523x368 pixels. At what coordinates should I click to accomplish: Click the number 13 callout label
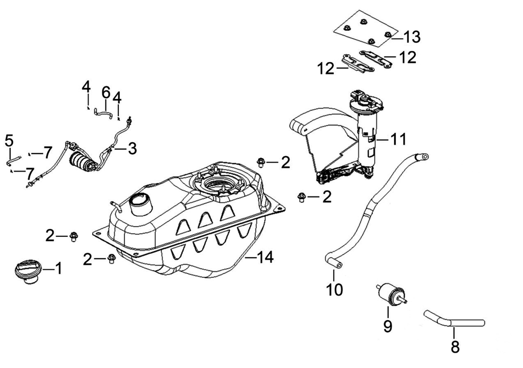(412, 37)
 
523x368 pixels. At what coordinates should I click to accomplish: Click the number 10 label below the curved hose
(335, 289)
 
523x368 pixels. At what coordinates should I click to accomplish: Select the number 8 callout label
(455, 348)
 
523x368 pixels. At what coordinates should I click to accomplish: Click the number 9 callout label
(388, 326)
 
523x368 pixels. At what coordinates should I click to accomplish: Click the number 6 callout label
(106, 92)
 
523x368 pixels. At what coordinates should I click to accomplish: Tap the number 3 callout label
(131, 149)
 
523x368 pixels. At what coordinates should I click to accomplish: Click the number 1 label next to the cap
(58, 269)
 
